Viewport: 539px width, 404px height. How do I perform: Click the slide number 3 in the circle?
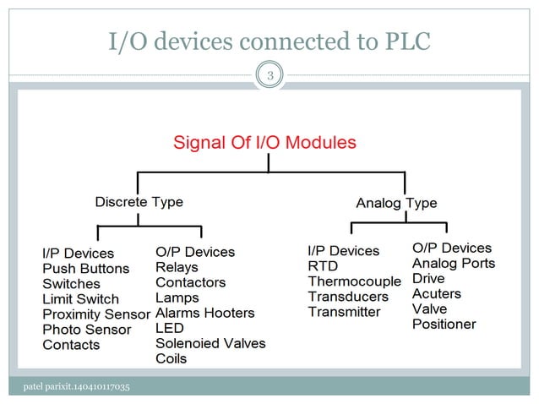270,78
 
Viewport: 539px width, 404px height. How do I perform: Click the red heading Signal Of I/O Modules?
264,141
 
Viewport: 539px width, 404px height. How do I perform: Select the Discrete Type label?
139,202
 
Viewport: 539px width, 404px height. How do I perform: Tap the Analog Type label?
396,203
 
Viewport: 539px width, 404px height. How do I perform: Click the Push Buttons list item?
86,269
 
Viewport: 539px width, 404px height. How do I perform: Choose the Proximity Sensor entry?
96,314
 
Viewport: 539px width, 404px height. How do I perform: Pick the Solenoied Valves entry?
210,343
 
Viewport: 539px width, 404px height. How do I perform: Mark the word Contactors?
191,282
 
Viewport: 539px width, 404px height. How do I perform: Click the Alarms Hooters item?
204,313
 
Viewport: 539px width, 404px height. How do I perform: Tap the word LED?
170,328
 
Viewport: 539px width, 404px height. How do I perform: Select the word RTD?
323,266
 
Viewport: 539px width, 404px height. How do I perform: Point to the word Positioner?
444,324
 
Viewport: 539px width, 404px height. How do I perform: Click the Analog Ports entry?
454,263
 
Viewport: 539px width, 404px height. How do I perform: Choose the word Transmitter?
344,312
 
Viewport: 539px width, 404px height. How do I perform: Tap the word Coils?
171,358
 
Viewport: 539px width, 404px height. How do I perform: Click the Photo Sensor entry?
87,330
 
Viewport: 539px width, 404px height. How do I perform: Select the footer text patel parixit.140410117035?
77,387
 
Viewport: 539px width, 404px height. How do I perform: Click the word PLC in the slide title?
404,40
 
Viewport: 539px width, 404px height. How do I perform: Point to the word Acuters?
437,293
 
